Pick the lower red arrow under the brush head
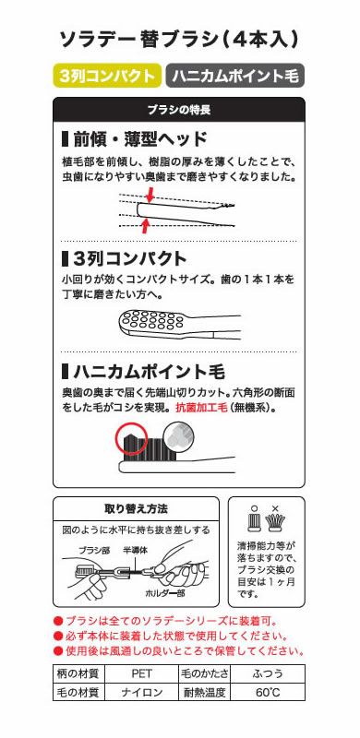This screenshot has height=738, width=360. [143, 224]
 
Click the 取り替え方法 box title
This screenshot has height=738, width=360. [136, 508]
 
